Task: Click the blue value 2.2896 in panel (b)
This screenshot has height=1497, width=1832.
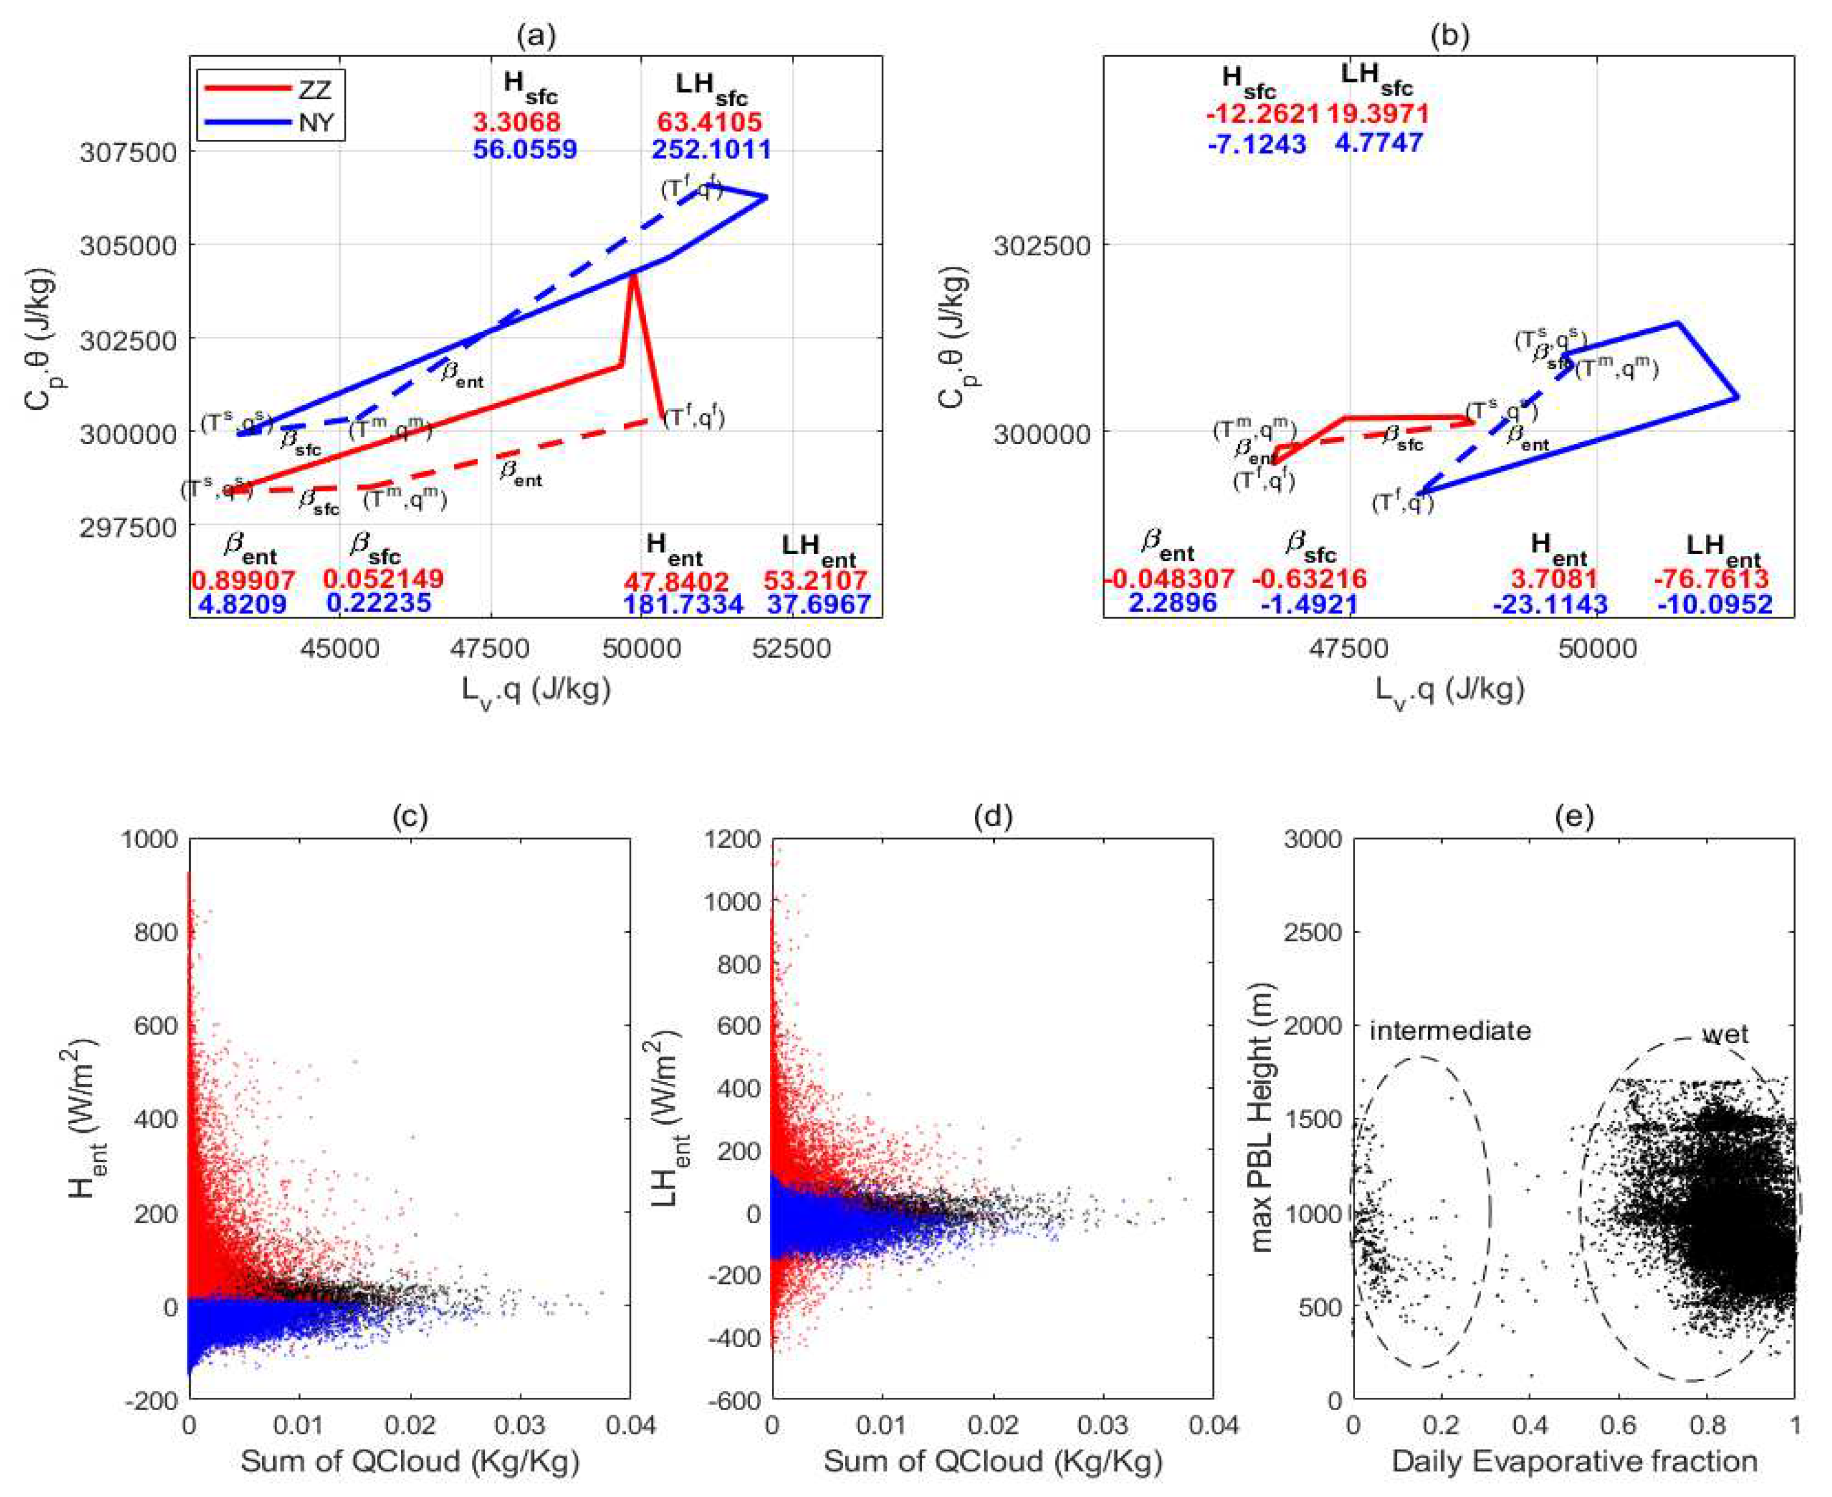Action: click(1172, 602)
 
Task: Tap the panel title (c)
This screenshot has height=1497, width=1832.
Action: click(409, 816)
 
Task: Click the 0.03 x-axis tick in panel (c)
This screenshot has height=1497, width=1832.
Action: click(519, 1424)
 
